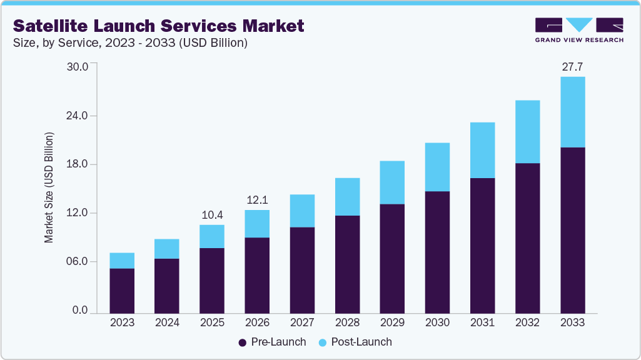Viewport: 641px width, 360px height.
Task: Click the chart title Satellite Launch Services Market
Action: pos(159,26)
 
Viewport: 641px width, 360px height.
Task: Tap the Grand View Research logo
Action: pos(579,30)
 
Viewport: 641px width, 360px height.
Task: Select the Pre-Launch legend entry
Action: pos(273,342)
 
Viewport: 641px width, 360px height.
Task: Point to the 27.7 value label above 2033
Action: pos(572,67)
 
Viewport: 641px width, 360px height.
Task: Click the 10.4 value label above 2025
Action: pos(212,215)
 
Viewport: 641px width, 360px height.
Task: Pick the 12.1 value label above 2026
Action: pos(257,200)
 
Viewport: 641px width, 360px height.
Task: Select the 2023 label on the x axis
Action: pos(122,322)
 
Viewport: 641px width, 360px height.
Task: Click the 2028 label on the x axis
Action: pos(347,322)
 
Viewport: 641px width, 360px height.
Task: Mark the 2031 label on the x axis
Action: pos(482,322)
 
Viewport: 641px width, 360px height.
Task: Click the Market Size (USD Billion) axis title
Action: pos(49,187)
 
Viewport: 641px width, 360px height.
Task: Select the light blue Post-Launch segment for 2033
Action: pos(572,112)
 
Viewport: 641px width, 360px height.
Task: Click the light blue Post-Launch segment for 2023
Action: pos(122,261)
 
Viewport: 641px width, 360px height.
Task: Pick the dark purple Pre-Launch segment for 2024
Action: pos(167,286)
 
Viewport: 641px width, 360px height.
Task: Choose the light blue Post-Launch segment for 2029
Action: pos(392,182)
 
